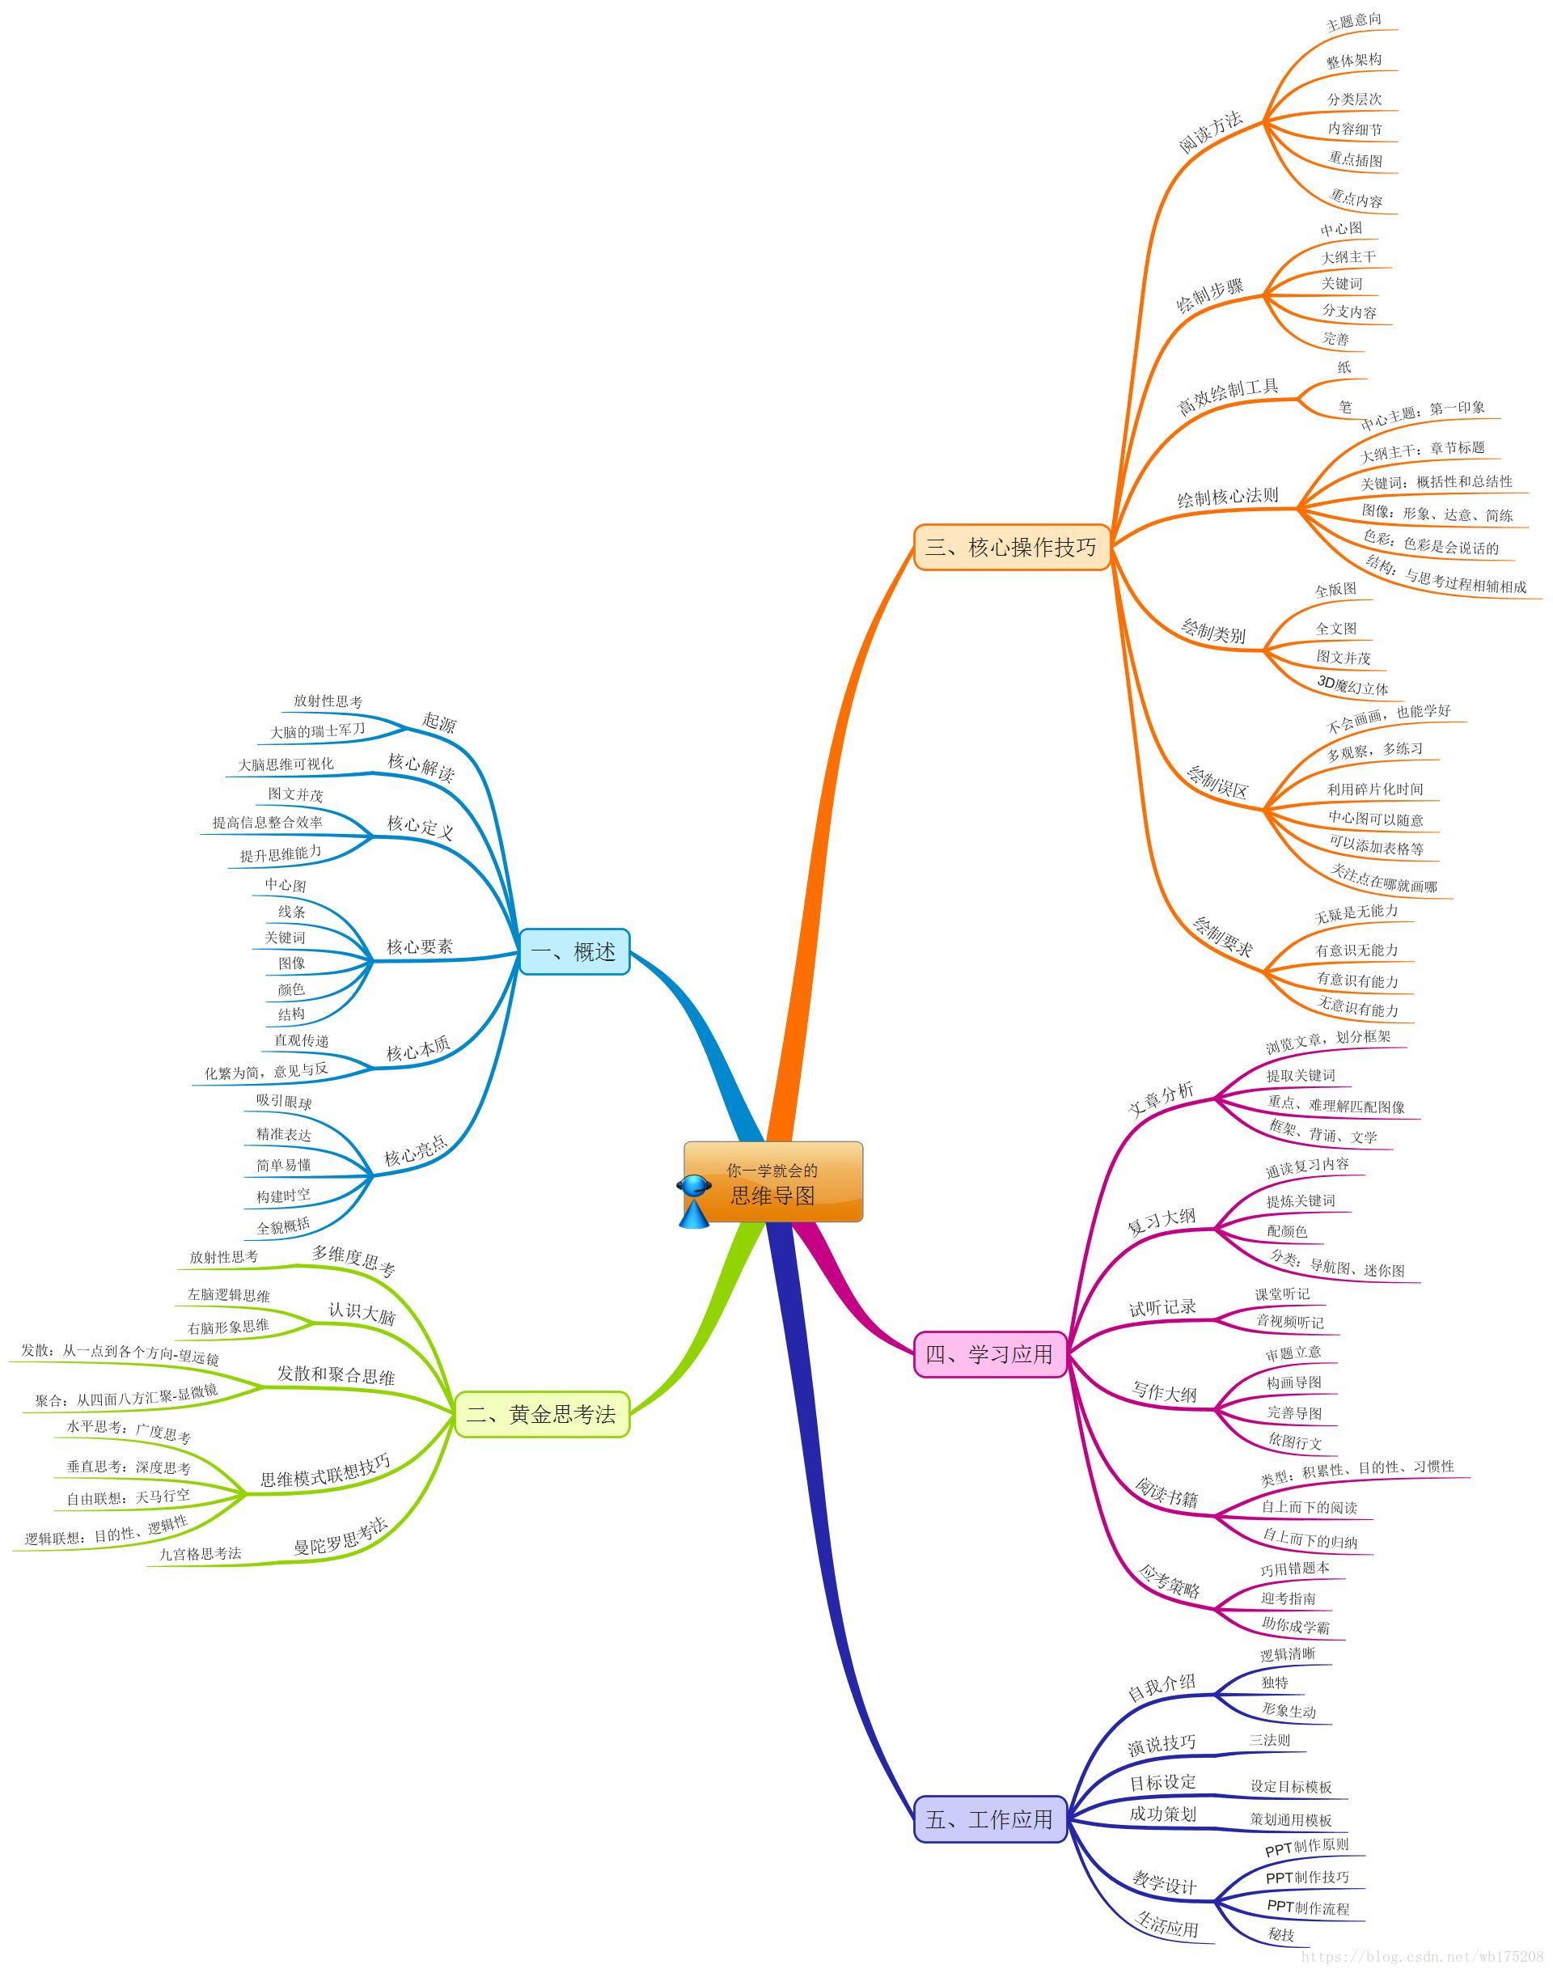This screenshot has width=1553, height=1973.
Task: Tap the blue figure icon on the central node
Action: coord(695,1200)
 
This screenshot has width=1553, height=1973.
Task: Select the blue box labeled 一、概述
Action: coord(573,952)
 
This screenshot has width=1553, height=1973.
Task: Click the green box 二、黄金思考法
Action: coord(541,1414)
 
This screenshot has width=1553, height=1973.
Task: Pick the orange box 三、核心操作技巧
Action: coord(1011,548)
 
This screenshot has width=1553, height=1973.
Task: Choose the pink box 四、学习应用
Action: coord(989,1354)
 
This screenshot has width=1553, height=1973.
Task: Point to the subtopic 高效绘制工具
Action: coord(1228,397)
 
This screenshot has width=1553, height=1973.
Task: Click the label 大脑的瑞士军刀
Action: coord(317,730)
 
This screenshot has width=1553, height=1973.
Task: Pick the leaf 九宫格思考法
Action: coord(201,1554)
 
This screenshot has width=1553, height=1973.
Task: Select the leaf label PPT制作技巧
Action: coord(1307,1877)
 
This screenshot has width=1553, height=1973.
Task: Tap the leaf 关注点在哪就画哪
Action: coord(1384,879)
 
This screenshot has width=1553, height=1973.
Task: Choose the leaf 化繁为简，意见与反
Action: coord(266,1071)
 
